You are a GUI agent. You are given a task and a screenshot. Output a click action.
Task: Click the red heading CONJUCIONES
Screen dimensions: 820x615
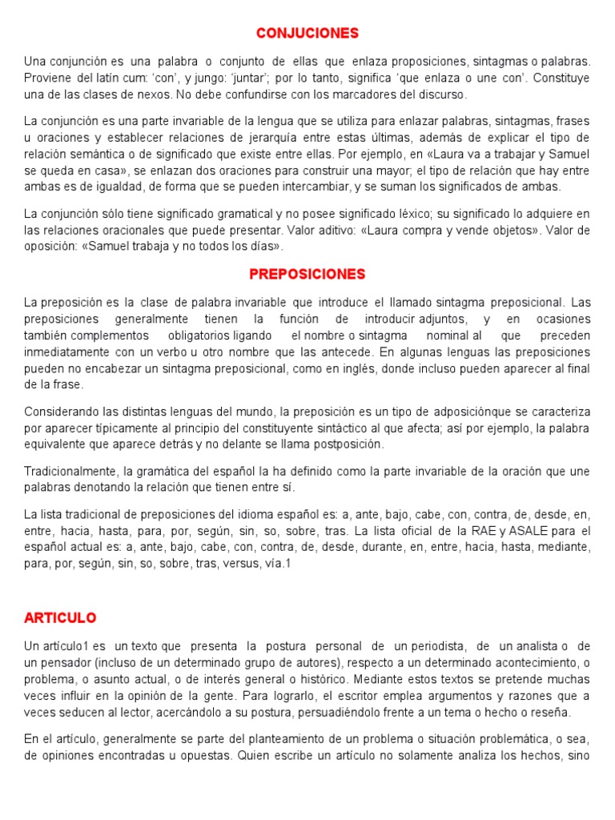pyautogui.click(x=307, y=33)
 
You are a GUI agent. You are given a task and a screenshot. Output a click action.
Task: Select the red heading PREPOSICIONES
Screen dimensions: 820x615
pyautogui.click(x=307, y=274)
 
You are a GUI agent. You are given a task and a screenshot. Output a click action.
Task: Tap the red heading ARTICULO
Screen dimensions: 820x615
pyautogui.click(x=60, y=617)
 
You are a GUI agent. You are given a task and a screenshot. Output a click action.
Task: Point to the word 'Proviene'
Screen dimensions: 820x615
pyautogui.click(x=47, y=78)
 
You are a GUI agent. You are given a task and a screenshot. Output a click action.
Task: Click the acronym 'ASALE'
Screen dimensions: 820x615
pyautogui.click(x=541, y=531)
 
